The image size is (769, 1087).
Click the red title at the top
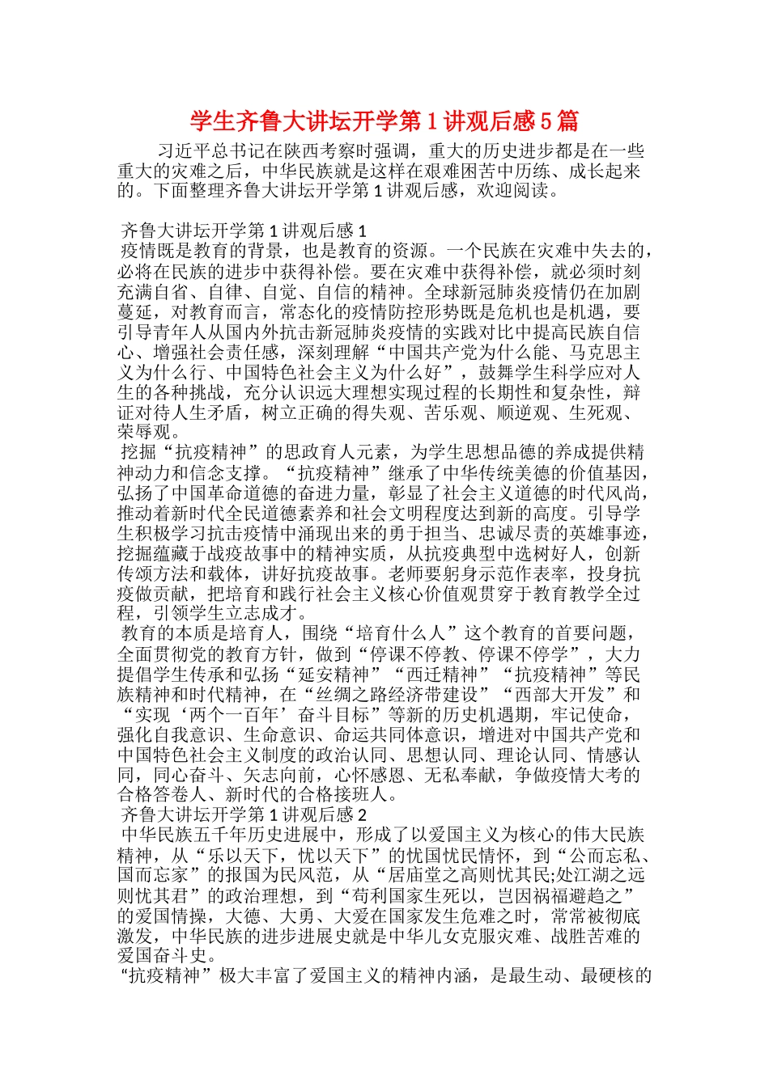coord(384,121)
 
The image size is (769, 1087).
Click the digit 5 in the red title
coord(546,121)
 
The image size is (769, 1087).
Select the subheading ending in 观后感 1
coord(244,231)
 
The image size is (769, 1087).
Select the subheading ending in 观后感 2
coord(244,814)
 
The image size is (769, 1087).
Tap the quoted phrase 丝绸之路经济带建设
coord(397,695)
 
